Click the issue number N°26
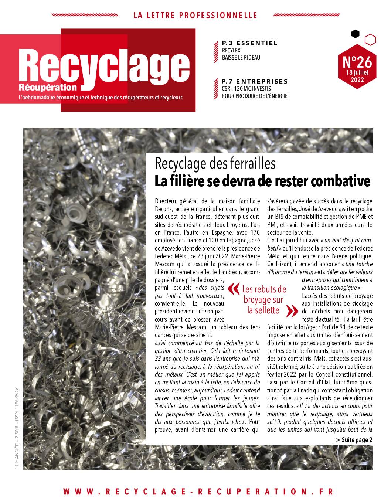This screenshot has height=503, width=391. tap(357, 60)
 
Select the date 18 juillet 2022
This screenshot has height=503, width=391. tap(357, 75)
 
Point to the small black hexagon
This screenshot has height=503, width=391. tap(355, 34)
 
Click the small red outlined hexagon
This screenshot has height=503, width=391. tap(370, 39)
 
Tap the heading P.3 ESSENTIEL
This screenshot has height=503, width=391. tap(249, 43)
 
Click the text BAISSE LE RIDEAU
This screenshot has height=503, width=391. tap(241, 58)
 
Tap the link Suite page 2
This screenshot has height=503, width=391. tap(354, 440)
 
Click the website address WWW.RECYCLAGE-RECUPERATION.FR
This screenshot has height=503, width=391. tap(198, 492)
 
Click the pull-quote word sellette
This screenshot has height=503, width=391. tap(263, 310)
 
